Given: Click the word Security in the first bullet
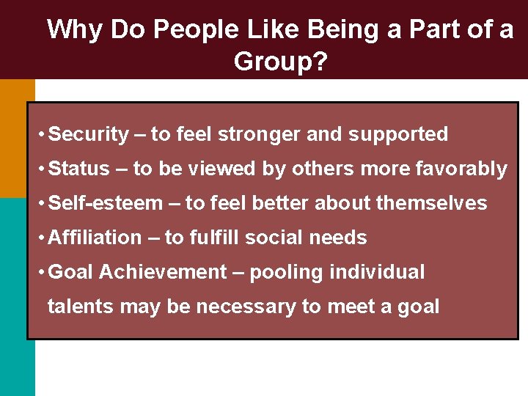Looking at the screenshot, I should [x=89, y=134].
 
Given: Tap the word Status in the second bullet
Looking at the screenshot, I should [x=79, y=169].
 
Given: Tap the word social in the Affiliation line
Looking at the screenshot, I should [x=281, y=238].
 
